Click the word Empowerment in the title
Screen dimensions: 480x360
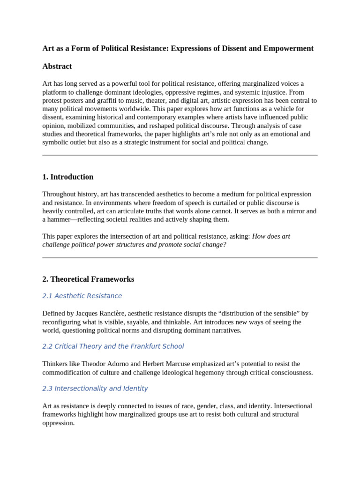pyautogui.click(x=291, y=48)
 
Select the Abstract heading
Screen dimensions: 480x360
pyautogui.click(x=57, y=66)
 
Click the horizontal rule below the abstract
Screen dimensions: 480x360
pyautogui.click(x=180, y=155)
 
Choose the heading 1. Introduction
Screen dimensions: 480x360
pyautogui.click(x=68, y=177)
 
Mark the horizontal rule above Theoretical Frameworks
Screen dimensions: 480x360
pyautogui.click(x=180, y=257)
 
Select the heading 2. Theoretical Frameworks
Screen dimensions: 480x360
pyautogui.click(x=88, y=279)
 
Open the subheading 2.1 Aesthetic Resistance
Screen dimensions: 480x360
pyautogui.click(x=82, y=296)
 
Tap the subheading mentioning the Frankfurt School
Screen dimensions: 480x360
pyautogui.click(x=113, y=346)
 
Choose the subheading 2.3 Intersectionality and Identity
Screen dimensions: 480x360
pyautogui.click(x=95, y=389)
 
